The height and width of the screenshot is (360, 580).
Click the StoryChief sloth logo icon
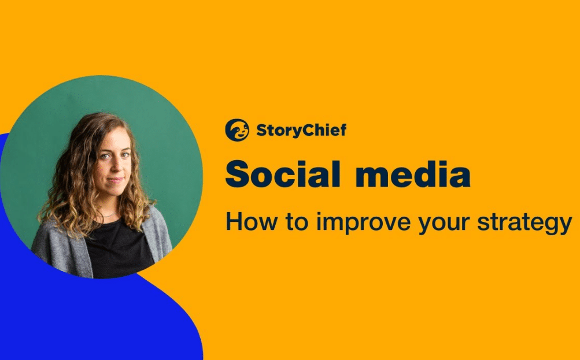[237, 130]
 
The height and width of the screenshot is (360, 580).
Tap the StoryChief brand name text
[301, 131]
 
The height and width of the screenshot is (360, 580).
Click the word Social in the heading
[283, 174]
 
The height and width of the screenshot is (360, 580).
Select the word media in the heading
[413, 174]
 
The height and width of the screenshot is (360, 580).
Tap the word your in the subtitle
[444, 225]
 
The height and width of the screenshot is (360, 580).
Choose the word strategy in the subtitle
[524, 224]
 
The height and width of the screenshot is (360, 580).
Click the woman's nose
[114, 166]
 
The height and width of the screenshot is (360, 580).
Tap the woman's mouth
[116, 180]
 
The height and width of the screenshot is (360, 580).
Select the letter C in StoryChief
[304, 130]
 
